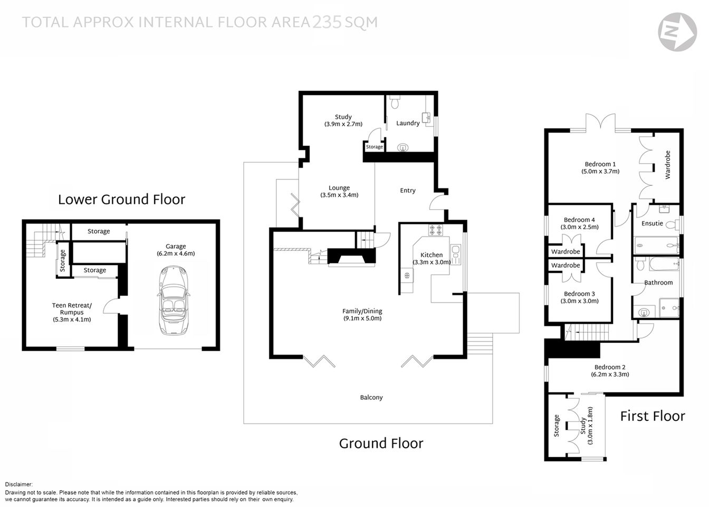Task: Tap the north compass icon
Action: [x=677, y=32]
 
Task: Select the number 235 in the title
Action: [x=327, y=22]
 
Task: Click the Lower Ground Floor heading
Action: [x=121, y=200]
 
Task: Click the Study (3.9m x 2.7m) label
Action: [x=343, y=120]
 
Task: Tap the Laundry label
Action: [x=408, y=123]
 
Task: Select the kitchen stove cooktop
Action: [x=436, y=230]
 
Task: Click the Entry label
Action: [x=407, y=191]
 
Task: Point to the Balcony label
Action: [x=371, y=398]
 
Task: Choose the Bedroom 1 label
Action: [x=600, y=164]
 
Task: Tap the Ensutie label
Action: [x=652, y=223]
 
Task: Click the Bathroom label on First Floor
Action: [x=658, y=283]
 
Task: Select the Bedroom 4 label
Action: [x=579, y=220]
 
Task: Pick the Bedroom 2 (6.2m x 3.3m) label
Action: [x=610, y=371]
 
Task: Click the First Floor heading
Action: [x=652, y=416]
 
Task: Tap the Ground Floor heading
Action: [x=381, y=444]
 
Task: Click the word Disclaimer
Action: [x=19, y=484]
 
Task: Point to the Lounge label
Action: [x=339, y=188]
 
